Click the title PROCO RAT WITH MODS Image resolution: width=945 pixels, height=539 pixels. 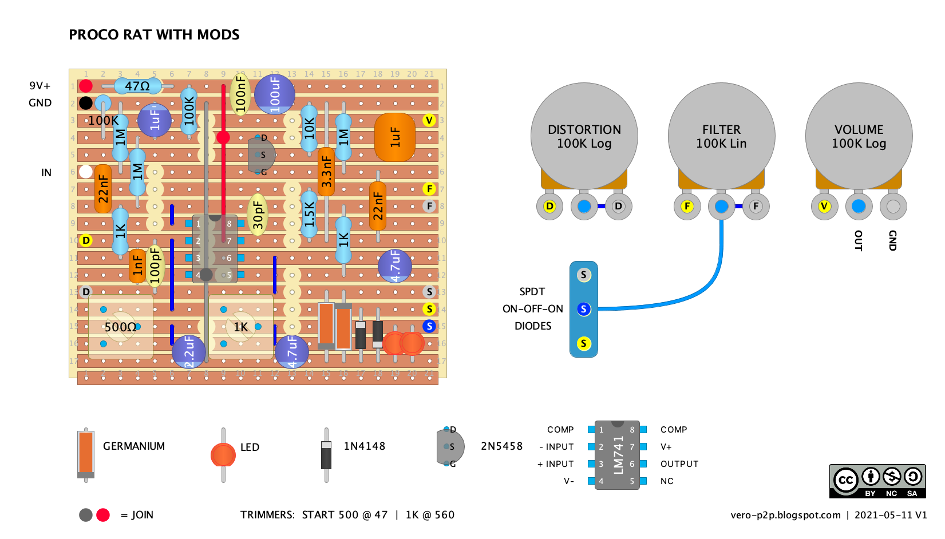click(154, 35)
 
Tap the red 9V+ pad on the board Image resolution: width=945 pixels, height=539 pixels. click(86, 86)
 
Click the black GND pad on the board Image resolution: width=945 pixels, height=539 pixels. click(86, 103)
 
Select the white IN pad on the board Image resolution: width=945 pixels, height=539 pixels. click(86, 172)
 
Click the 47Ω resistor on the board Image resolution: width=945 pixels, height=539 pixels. click(137, 86)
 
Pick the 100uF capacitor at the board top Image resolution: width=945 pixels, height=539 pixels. click(275, 94)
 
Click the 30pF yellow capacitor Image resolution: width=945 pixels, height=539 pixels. click(258, 215)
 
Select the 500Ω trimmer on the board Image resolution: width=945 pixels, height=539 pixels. click(120, 327)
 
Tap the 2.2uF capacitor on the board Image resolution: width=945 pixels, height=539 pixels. click(189, 351)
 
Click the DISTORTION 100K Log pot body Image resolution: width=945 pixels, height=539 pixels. click(584, 136)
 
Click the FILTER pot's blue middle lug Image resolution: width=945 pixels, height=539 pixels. click(721, 206)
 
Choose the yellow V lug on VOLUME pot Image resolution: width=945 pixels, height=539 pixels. click(824, 206)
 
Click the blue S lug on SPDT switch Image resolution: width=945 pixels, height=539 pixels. click(583, 309)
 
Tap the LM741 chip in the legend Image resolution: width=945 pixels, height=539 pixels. click(617, 455)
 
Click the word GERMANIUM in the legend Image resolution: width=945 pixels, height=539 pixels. click(134, 446)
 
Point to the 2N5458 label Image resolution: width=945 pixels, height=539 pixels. click(501, 446)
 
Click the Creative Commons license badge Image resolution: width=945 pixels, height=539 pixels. click(877, 481)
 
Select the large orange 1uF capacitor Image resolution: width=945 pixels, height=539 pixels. click(395, 137)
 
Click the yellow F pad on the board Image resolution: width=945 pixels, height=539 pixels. click(429, 189)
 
